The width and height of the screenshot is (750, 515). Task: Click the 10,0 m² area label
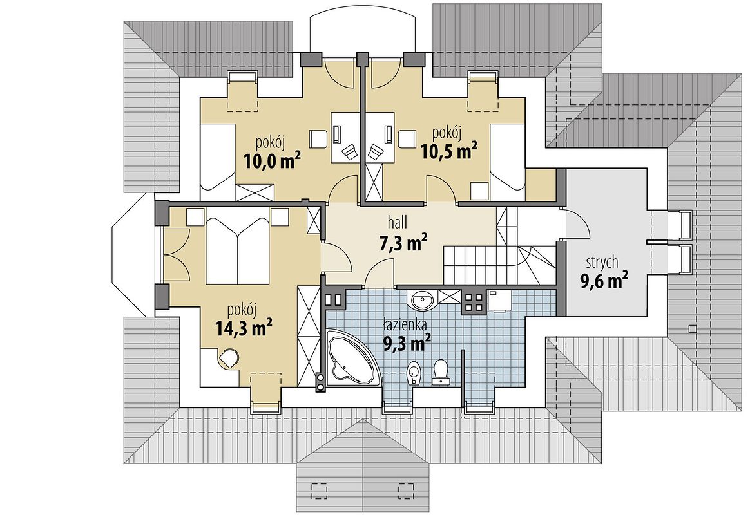[x=272, y=160]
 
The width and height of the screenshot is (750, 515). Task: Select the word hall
[x=398, y=222]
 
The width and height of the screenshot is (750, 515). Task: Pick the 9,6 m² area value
[x=604, y=281]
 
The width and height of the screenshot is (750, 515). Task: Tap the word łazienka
[x=405, y=326]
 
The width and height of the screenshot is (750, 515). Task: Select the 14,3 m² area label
[x=244, y=329]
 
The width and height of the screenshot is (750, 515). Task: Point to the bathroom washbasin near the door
[x=421, y=301]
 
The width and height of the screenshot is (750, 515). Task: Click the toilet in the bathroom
[x=440, y=371]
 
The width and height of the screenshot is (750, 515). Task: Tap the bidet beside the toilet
[x=413, y=373]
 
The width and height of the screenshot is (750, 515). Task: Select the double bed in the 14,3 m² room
[x=238, y=249]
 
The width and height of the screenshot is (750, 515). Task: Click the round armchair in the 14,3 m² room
[x=229, y=358]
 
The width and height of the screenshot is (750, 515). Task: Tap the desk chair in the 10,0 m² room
[x=349, y=152]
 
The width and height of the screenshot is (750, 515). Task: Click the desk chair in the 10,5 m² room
[x=376, y=153]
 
